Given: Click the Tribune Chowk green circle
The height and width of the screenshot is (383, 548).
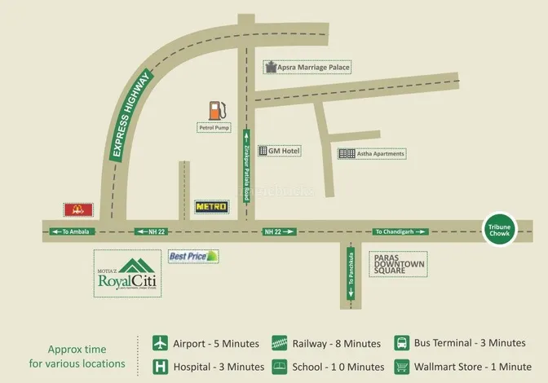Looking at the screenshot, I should pos(497,231).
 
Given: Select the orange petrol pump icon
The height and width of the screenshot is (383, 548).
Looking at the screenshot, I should pos(216,110).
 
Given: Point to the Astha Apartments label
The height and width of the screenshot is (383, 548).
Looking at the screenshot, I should pos(371,153).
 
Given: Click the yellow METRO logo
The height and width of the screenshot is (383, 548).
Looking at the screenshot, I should pos(211,207).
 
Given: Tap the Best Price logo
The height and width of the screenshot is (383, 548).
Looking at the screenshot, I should pos(193,256).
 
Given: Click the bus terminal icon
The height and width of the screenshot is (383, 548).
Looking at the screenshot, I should pos(402,343).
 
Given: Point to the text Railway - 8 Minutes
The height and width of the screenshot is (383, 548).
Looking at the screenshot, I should pos(338,343).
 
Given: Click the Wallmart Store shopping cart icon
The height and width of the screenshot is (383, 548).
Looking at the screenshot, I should pos(402,367).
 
